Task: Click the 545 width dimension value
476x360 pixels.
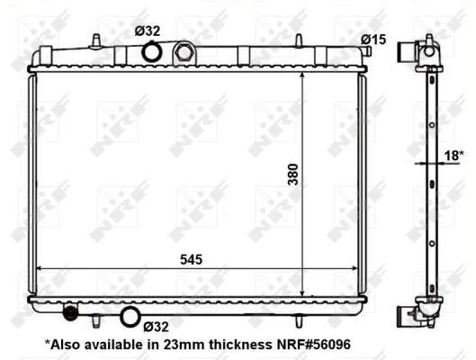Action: tap(191, 258)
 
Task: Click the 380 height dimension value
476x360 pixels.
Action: tap(292, 174)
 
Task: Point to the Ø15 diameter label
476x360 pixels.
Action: tap(373, 39)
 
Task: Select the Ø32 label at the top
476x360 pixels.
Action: tap(148, 31)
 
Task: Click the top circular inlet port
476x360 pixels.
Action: tap(152, 54)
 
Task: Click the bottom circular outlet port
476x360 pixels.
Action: tap(130, 316)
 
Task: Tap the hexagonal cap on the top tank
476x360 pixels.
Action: tap(184, 53)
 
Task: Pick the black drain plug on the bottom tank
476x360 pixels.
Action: tap(68, 313)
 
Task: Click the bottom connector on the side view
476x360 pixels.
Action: tap(412, 315)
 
